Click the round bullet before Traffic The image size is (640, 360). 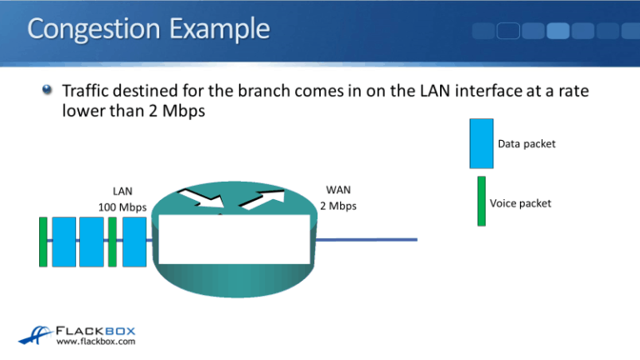point(50,90)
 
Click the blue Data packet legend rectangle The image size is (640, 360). point(481,144)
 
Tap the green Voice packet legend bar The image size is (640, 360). point(481,200)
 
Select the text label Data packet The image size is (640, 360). point(527,144)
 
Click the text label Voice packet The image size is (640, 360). point(520,202)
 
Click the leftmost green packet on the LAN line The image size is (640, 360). point(43,242)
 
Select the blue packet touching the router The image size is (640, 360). point(134,242)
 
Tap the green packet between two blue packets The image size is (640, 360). point(112,242)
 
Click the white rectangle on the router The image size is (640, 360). point(232,239)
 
